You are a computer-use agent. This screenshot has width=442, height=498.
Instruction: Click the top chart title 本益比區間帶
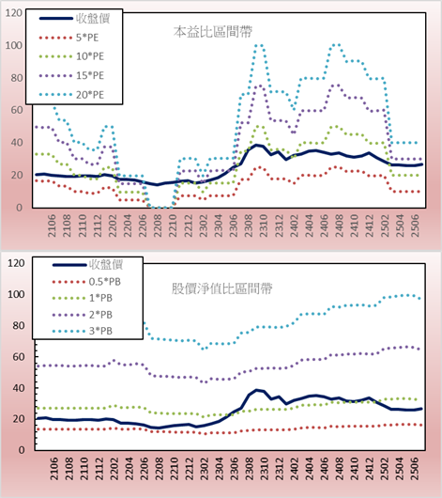213,32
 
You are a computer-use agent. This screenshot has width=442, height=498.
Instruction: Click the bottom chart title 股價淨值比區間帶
221,288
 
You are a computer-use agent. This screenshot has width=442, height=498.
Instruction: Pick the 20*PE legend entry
71,95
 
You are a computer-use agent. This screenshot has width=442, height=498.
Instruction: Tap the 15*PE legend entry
71,75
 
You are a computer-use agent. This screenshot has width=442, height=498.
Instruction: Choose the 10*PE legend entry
71,56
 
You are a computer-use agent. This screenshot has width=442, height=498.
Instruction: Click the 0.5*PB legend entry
86,282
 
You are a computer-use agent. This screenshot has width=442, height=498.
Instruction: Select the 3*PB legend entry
83,331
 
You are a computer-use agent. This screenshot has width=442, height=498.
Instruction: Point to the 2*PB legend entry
83,315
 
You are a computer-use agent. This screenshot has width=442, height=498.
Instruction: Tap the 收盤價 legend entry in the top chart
74,19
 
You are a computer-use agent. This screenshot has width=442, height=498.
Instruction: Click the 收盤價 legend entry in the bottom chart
87,265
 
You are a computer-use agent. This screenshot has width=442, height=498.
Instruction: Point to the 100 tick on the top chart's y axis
14,45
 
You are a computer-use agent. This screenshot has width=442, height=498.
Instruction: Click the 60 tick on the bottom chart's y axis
18,357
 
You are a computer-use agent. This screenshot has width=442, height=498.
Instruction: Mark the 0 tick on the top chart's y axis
20,208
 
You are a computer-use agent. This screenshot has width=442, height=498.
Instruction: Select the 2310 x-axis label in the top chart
264,226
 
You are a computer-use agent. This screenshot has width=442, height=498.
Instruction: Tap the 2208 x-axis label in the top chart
158,226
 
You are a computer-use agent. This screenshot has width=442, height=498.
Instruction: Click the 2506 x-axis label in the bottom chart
415,469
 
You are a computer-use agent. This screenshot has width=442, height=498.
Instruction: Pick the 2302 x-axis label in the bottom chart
205,469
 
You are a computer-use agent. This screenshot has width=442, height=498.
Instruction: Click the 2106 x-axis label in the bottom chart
54,469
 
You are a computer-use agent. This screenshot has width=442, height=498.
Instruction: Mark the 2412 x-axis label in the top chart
370,226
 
